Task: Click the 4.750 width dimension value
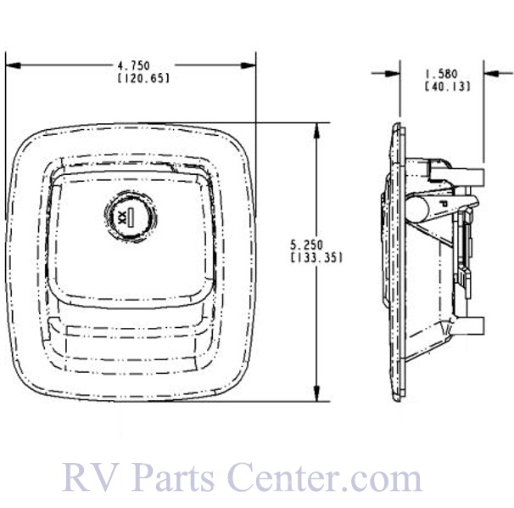click(131, 65)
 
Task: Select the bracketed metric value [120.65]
click(131, 78)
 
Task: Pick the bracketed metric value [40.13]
click(442, 86)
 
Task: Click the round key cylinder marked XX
click(127, 217)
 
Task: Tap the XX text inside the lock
click(121, 217)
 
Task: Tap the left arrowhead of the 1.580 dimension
click(394, 71)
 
